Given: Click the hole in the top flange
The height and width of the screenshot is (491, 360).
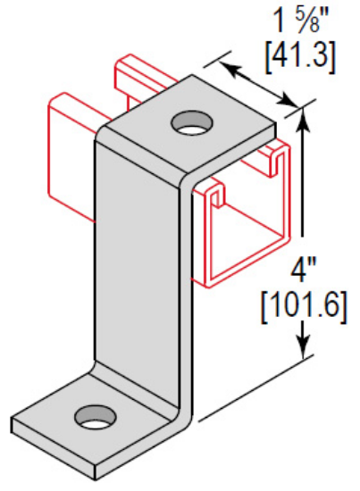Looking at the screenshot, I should click(x=188, y=121).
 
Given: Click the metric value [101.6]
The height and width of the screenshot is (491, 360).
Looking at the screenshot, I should click(x=305, y=309).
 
